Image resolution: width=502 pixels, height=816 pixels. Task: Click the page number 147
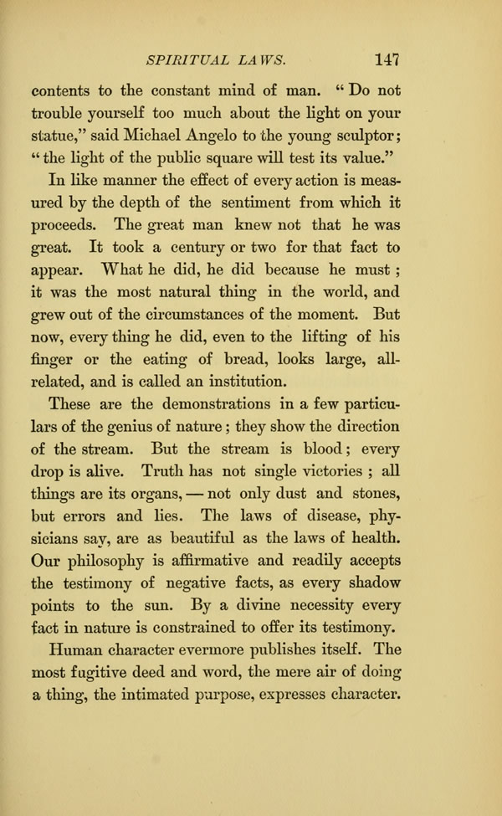[390, 59]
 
